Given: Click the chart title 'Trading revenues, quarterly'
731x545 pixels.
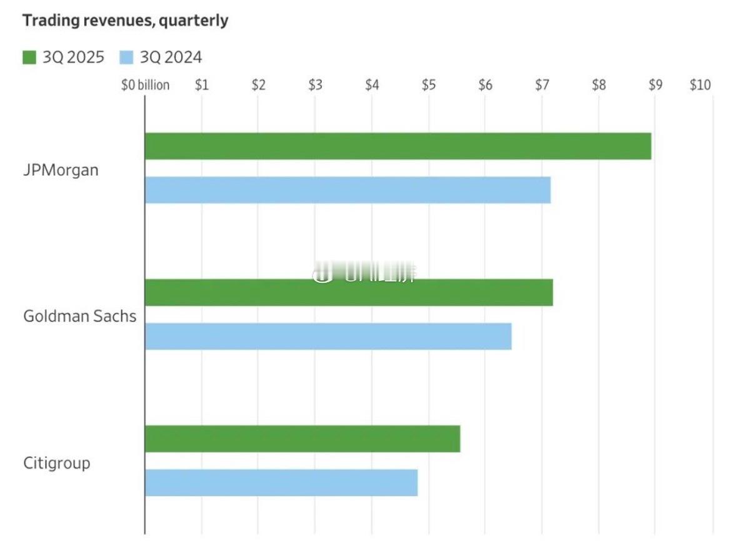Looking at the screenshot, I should tap(126, 21).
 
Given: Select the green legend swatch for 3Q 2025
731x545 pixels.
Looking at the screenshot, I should tap(30, 58).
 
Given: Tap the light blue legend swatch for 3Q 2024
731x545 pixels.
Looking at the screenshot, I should tap(126, 58).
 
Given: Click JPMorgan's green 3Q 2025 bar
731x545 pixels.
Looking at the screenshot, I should tap(398, 146).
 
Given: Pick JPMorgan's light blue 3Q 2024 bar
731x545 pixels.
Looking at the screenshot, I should tap(347, 190).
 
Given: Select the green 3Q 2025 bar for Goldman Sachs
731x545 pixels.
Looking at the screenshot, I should tap(349, 293).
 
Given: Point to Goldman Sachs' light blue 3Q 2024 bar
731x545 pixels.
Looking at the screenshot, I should tap(328, 336).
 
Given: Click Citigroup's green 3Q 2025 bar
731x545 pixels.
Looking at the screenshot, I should tap(302, 439).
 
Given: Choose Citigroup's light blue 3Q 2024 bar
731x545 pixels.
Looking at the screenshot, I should tap(281, 482).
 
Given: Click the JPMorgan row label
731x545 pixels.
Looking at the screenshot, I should tap(61, 170).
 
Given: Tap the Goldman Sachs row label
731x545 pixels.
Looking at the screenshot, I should tap(79, 316).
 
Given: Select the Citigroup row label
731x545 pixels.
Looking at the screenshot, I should tap(57, 463).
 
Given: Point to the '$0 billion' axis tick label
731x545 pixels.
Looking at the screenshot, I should tap(145, 85).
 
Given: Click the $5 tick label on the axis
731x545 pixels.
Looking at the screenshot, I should tap(429, 85).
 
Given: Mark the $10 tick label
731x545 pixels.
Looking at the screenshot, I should tap(700, 85).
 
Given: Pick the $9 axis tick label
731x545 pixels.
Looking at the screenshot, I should tap(655, 85).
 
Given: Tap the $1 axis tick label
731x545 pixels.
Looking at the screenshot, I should tap(201, 85).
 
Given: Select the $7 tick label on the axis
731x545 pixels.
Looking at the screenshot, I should tap(542, 85).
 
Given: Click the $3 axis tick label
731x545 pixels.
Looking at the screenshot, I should tap(315, 85).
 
